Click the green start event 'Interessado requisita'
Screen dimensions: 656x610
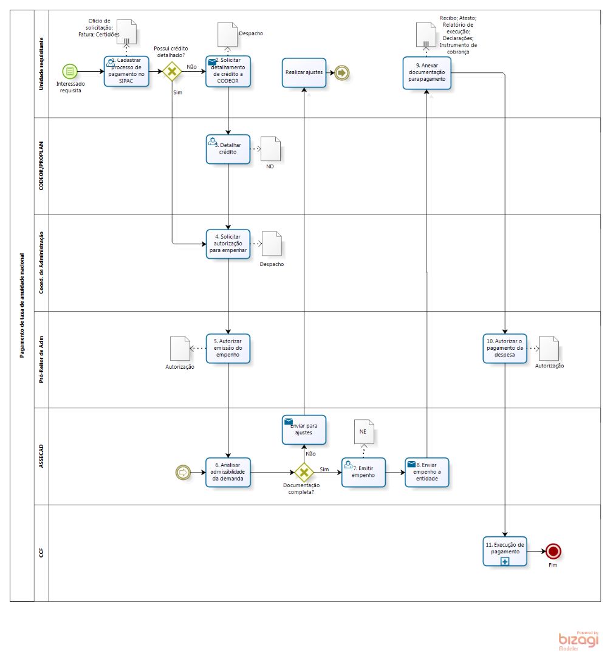tap(70, 72)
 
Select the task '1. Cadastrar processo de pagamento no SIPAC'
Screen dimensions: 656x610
tap(126, 72)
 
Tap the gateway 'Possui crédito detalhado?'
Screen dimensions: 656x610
tap(172, 72)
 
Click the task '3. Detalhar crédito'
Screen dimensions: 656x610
tap(228, 149)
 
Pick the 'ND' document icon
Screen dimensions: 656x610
tap(270, 149)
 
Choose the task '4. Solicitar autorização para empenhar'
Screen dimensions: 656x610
tap(228, 244)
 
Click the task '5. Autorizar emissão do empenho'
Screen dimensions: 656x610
tap(228, 348)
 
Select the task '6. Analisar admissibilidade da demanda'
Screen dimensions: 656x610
tap(228, 472)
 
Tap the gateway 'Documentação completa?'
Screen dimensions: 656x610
tap(304, 472)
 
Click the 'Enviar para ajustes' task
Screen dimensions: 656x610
tap(304, 429)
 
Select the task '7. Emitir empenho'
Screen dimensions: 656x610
tap(363, 472)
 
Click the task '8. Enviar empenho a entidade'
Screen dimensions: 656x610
tap(427, 472)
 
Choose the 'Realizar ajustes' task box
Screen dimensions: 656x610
tap(304, 72)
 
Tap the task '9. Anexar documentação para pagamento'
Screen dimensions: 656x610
tap(427, 72)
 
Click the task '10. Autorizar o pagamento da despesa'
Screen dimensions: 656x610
tap(505, 348)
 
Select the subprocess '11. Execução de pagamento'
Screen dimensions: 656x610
tap(505, 551)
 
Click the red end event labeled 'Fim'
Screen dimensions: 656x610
tap(553, 551)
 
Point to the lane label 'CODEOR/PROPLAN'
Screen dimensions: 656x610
tap(41, 166)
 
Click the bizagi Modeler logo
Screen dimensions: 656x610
tap(578, 641)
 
